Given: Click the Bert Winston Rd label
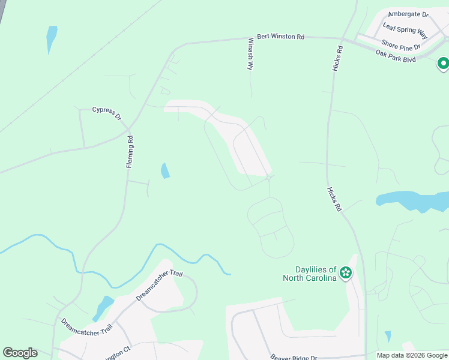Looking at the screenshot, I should [x=280, y=37].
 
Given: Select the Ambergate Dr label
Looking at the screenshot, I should [x=408, y=14].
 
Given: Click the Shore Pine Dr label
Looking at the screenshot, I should [x=401, y=43].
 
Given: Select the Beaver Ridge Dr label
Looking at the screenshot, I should [x=293, y=356].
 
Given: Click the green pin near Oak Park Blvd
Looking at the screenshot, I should [x=443, y=64].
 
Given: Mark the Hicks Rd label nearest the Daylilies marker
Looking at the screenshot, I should [x=334, y=199].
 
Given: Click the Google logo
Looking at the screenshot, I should [x=20, y=353].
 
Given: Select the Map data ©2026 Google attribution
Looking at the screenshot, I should [x=412, y=355].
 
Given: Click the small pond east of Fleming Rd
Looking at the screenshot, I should [x=164, y=171].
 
